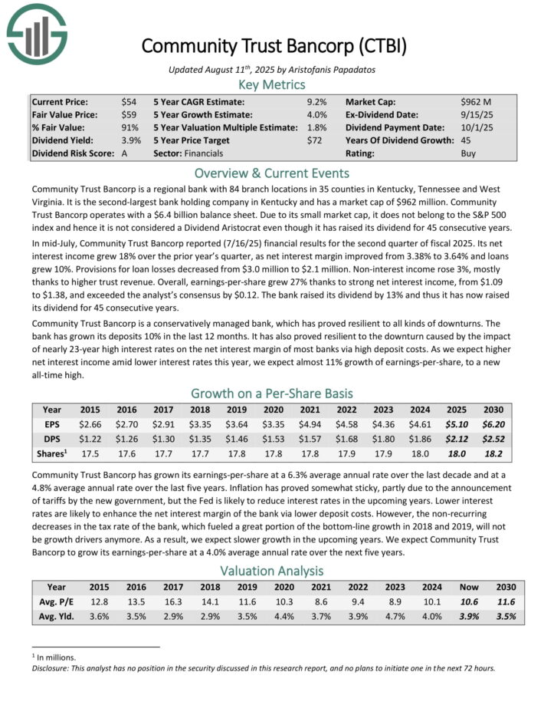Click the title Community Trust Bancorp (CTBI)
pyautogui.click(x=272, y=45)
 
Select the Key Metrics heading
pyautogui.click(x=272, y=84)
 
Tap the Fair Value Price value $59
pyautogui.click(x=129, y=114)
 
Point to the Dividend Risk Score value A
pyautogui.click(x=124, y=153)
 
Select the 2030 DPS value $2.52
pyautogui.click(x=492, y=438)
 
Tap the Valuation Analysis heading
pyautogui.click(x=272, y=570)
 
